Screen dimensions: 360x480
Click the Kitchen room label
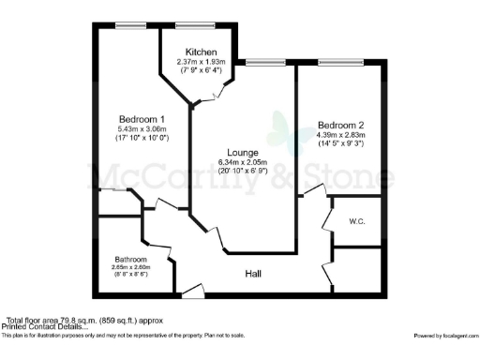(202, 52)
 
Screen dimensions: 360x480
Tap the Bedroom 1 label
(142, 118)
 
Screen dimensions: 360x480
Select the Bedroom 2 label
(341, 125)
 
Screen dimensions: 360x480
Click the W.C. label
(356, 222)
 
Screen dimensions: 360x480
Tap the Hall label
(253, 274)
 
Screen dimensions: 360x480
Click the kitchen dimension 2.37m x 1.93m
(202, 62)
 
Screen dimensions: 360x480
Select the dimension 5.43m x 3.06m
(142, 128)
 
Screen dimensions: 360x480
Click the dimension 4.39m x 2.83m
(341, 135)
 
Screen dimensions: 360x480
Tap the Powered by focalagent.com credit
(445, 335)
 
